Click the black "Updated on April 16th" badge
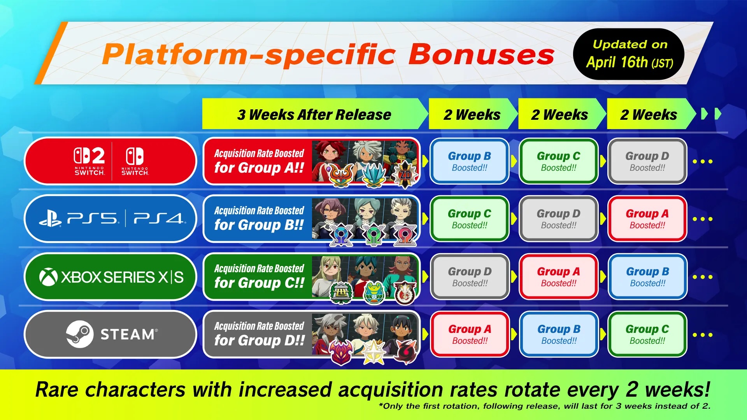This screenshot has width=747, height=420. pyautogui.click(x=629, y=54)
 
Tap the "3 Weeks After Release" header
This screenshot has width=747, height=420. pyautogui.click(x=314, y=114)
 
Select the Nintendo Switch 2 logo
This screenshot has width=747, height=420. pyautogui.click(x=89, y=161)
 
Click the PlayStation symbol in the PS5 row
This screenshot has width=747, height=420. pyautogui.click(x=50, y=219)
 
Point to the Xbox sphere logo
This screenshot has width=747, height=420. pyautogui.click(x=49, y=277)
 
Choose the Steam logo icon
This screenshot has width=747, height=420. pyautogui.click(x=80, y=334)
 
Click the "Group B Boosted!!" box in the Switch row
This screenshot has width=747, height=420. pyautogui.click(x=470, y=161)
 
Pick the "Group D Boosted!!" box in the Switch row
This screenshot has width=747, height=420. pyautogui.click(x=647, y=161)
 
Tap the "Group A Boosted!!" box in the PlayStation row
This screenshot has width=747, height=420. pyautogui.click(x=647, y=219)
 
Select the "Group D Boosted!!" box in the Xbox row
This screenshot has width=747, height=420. pyautogui.click(x=470, y=276)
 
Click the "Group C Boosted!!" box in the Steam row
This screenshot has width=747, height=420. pyautogui.click(x=647, y=334)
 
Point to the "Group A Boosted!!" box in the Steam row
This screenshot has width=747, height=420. pyautogui.click(x=470, y=334)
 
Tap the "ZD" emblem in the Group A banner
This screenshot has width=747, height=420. pyautogui.click(x=405, y=175)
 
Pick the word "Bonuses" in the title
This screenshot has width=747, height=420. pyautogui.click(x=481, y=54)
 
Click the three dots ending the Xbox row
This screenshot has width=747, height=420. pyautogui.click(x=703, y=277)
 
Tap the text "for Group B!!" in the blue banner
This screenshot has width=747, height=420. pyautogui.click(x=259, y=225)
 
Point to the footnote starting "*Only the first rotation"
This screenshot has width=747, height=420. pyautogui.click(x=545, y=406)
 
